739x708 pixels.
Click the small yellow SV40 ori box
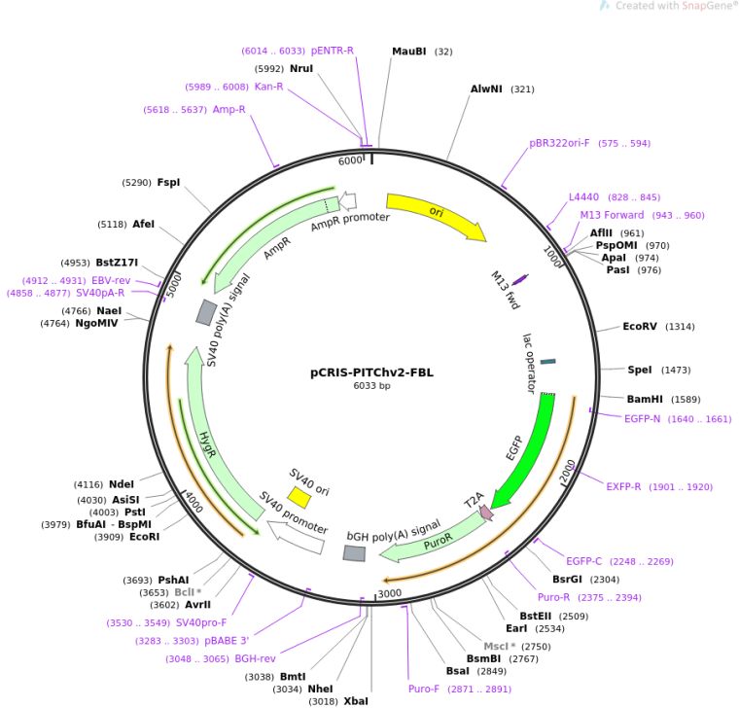coord(299,497)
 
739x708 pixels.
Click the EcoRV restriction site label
coord(641,327)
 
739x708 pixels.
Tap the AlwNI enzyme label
coord(486,89)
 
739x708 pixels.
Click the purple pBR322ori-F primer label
coord(559,143)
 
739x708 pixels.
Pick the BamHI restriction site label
coord(644,399)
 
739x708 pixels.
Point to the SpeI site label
coord(640,371)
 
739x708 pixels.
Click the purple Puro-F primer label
coord(424,689)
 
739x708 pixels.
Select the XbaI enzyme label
coord(356,700)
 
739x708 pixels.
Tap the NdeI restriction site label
coord(122,484)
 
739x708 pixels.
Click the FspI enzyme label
coord(168,182)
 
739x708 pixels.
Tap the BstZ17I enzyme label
coord(117,263)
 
